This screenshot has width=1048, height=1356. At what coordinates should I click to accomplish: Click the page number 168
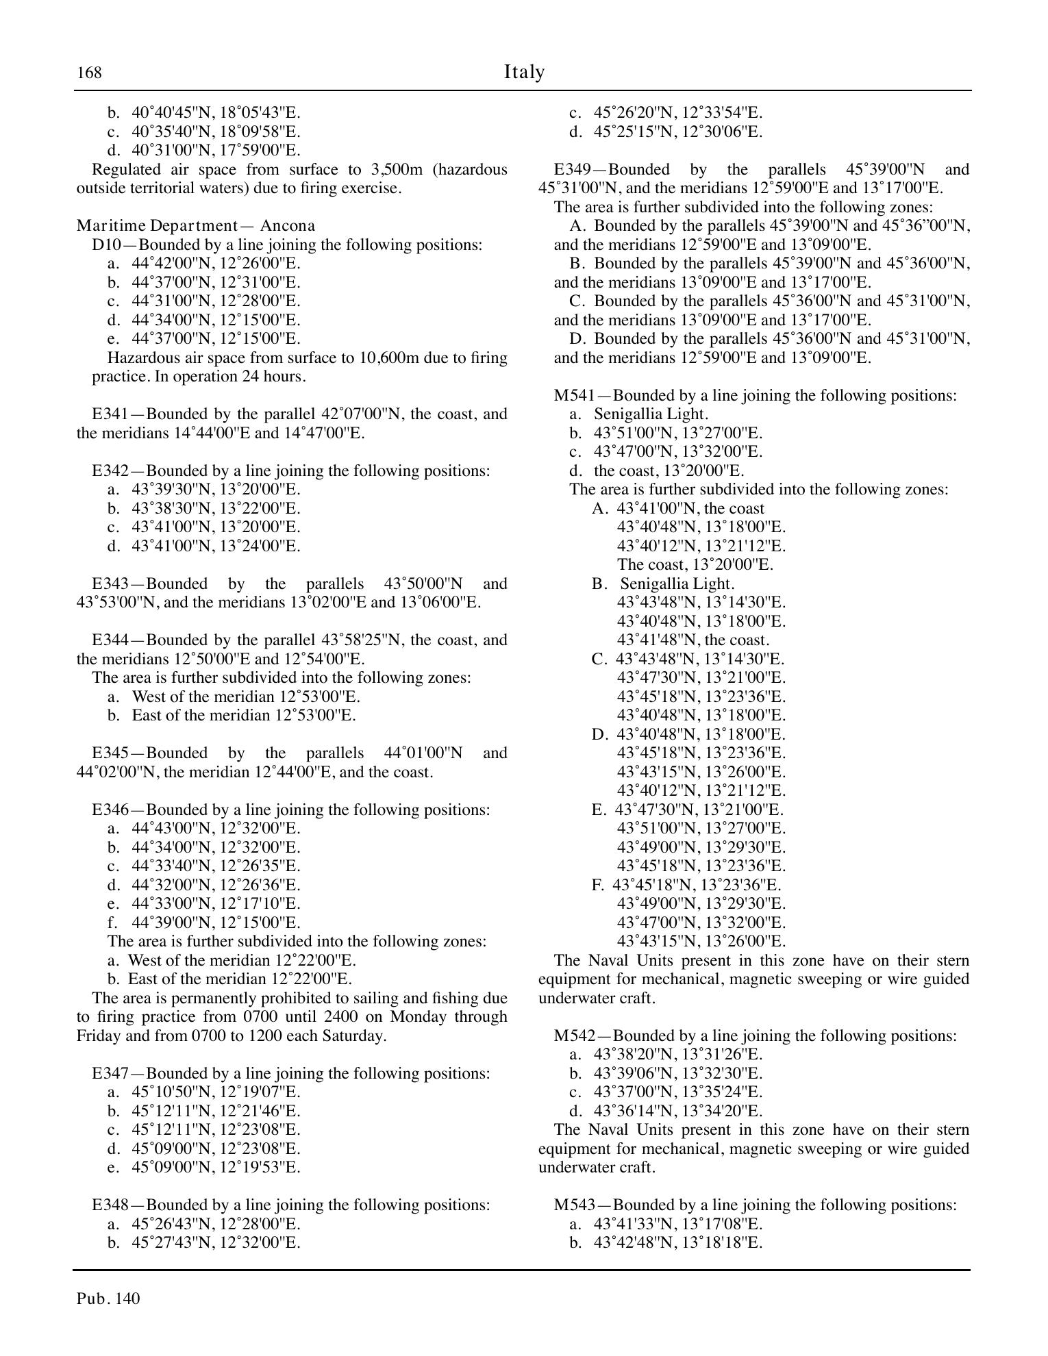tap(89, 73)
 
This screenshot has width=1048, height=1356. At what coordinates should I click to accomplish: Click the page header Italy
tap(524, 72)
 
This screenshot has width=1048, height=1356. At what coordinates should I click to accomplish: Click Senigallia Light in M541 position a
tap(651, 414)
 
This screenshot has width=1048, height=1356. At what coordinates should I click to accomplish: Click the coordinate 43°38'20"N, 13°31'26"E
tap(677, 1055)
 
